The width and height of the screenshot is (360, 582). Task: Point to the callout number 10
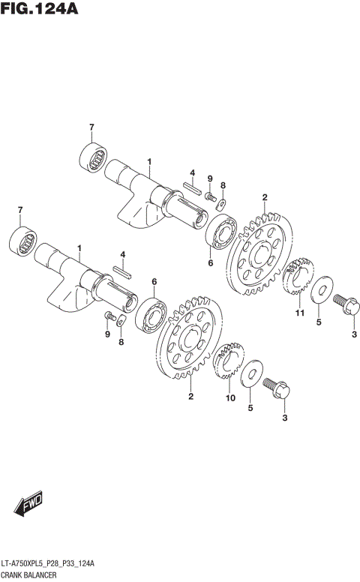230,397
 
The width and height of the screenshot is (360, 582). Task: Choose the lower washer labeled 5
253,372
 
